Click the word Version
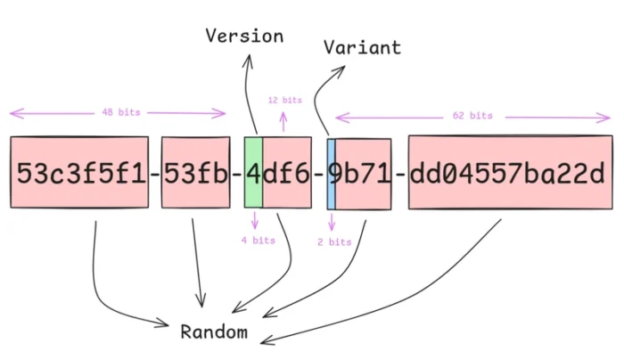pos(244,36)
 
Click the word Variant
pos(362,46)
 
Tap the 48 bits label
pos(119,112)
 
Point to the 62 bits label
pos(472,116)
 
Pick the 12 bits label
pos(285,100)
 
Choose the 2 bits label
pos(334,241)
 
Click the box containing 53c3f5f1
pos(79,173)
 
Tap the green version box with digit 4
pos(253,173)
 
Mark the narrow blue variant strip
pos(331,173)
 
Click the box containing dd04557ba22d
pos(510,173)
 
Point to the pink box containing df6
pos(288,173)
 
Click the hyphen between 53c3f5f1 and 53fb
pos(154,173)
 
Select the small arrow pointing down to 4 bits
pos(255,221)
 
